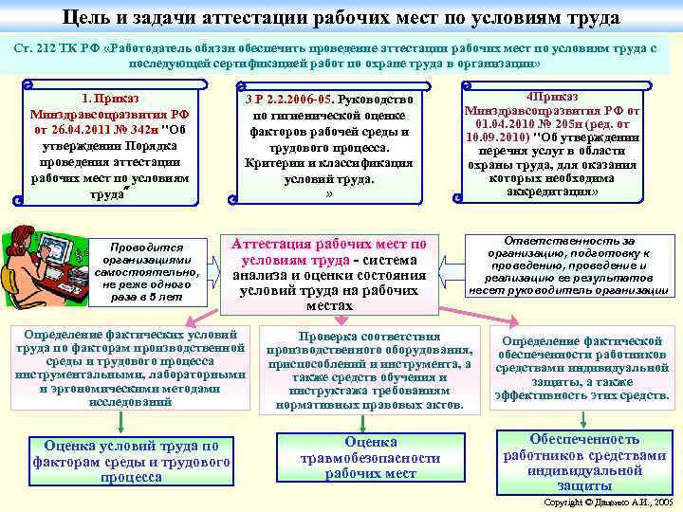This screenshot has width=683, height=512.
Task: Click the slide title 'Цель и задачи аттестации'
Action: (x=341, y=17)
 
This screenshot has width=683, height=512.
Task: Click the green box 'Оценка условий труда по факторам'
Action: (x=131, y=462)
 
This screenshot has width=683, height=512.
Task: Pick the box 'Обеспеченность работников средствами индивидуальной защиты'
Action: (x=584, y=462)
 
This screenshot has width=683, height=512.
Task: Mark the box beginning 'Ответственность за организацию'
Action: (x=568, y=266)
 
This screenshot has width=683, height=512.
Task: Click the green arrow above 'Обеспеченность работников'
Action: (x=584, y=418)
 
